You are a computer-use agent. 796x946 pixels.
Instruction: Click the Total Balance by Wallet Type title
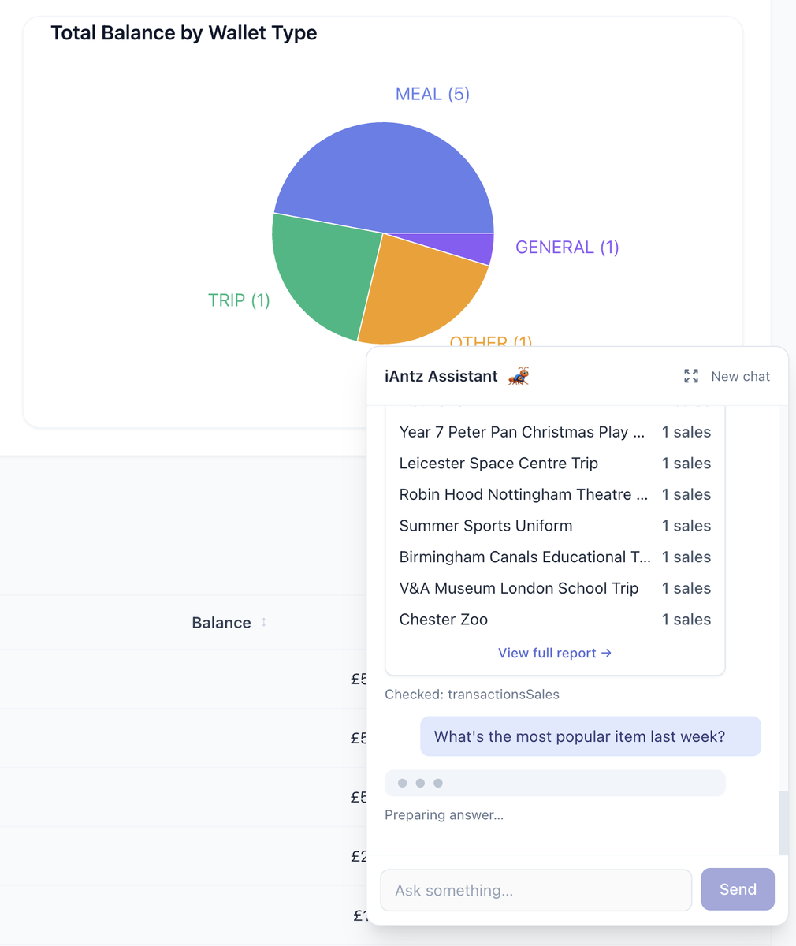pos(184,33)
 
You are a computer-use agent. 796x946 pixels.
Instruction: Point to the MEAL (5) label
pos(432,95)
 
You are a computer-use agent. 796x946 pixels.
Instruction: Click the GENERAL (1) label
pos(567,248)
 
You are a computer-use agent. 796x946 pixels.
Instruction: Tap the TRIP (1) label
pos(239,300)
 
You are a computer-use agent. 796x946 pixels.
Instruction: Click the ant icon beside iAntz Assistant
pos(519,377)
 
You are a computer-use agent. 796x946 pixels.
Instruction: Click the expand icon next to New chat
pos(691,377)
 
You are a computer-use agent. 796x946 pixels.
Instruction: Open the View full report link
pos(554,653)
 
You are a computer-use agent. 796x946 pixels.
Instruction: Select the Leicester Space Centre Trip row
pos(498,464)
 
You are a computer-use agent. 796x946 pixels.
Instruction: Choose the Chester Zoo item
pos(443,620)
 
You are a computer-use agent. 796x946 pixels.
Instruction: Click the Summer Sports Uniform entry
pos(485,526)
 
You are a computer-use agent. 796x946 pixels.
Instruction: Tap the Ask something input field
pos(536,890)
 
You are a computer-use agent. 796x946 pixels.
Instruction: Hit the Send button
pos(738,889)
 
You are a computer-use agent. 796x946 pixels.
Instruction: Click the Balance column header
pos(221,623)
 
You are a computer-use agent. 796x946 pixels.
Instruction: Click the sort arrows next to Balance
pos(264,622)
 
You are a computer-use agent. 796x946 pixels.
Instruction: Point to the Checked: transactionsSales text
pos(471,695)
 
